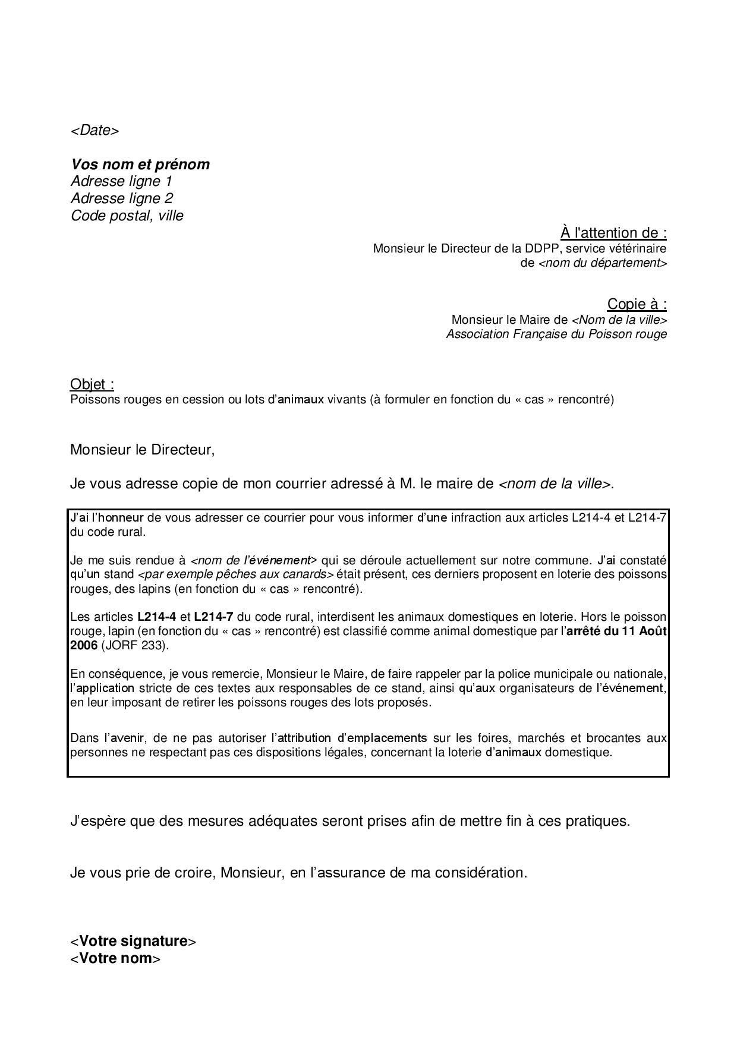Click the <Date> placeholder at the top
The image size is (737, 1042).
pos(95,131)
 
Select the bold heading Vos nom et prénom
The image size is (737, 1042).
pos(140,165)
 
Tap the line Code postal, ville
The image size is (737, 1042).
pos(127,216)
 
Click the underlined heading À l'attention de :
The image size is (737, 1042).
pos(613,233)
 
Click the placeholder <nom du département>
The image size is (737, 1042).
pos(602,263)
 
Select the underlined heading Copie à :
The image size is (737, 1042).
pos(637,304)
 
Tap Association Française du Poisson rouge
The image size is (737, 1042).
pos(556,334)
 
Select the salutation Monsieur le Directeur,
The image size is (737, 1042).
pos(142,449)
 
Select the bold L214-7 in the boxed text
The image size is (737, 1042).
pos(213,617)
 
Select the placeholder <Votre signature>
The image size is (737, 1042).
pos(133,941)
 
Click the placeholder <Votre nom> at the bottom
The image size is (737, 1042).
pos(115,958)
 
